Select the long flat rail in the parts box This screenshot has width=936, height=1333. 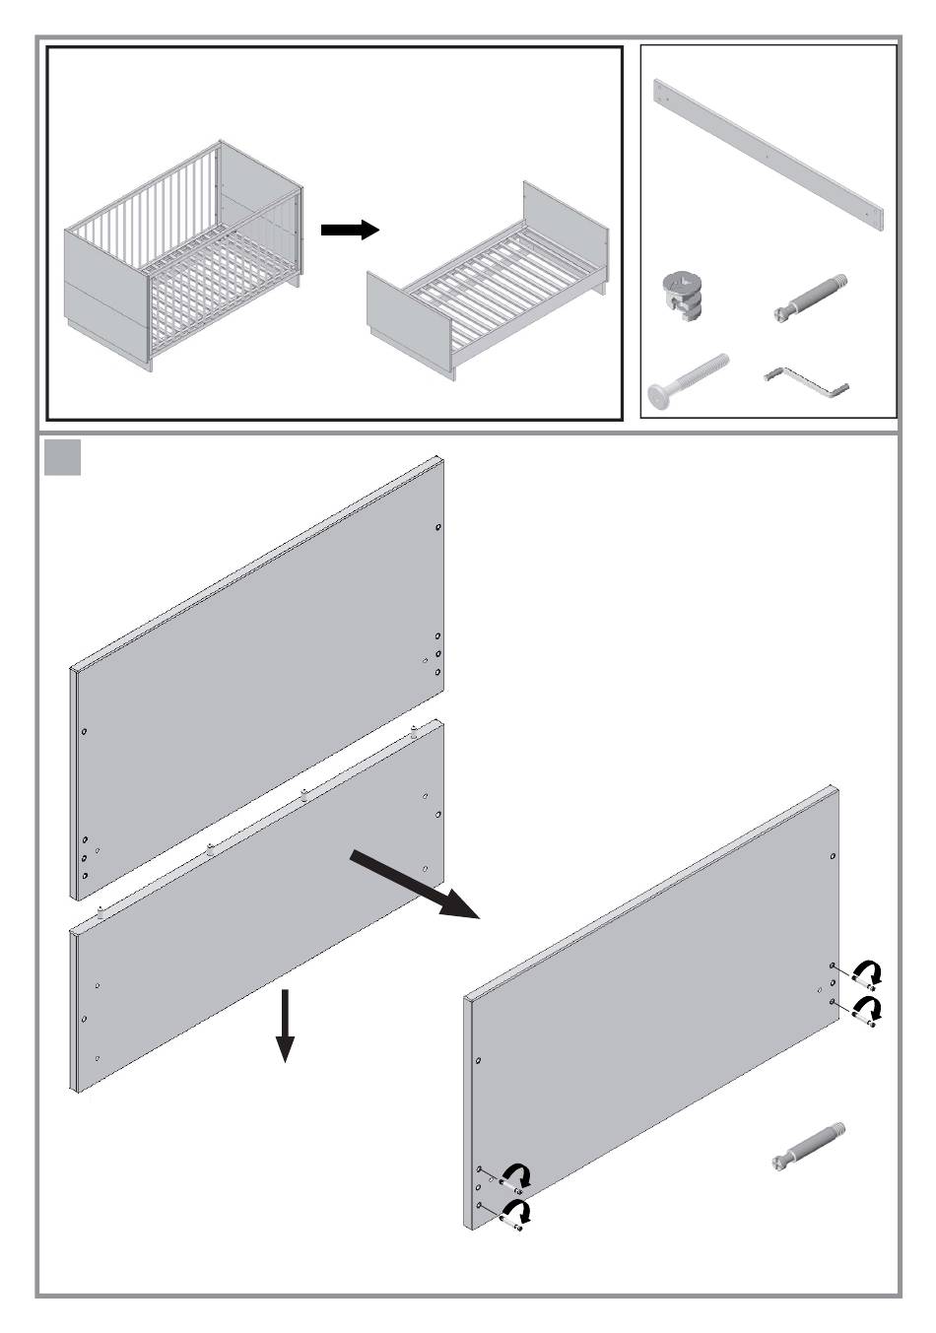pyautogui.click(x=769, y=158)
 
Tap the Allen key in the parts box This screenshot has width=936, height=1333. pyautogui.click(x=808, y=382)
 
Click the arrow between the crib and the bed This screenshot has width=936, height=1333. pyautogui.click(x=350, y=230)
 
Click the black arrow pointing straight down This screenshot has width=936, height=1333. pyautogui.click(x=285, y=1026)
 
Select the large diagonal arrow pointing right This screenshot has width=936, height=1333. pyautogui.click(x=414, y=885)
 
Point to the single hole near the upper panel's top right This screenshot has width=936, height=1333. pyautogui.click(x=438, y=528)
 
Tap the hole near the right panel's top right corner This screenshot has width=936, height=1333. pyautogui.click(x=834, y=858)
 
